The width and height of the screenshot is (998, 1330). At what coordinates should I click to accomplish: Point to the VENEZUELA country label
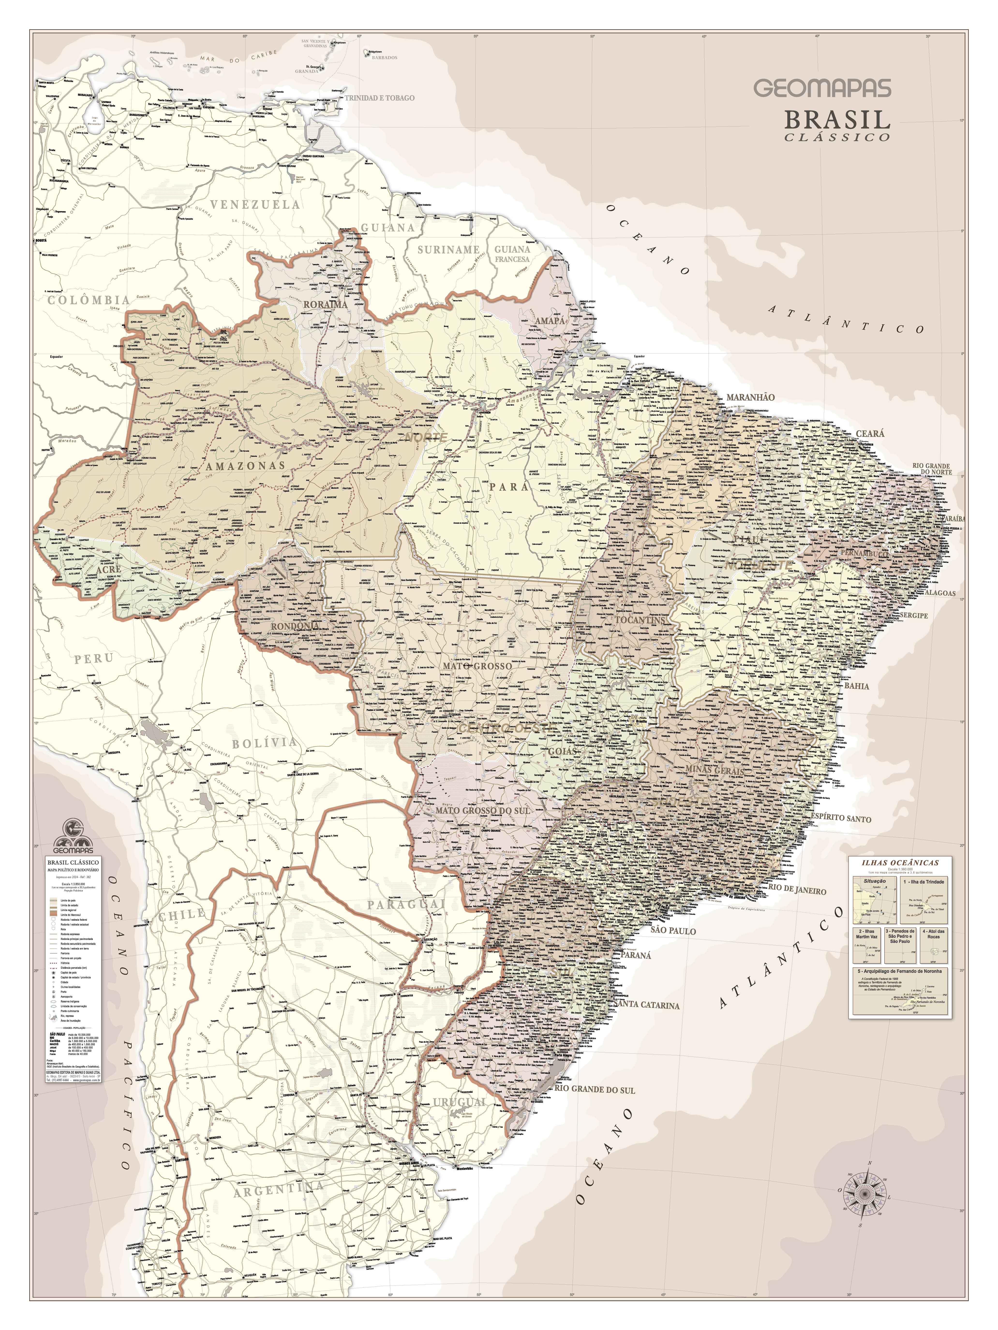[x=256, y=204]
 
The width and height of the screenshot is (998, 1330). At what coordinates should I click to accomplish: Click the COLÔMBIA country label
[x=89, y=299]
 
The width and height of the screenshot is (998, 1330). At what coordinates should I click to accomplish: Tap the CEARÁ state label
[x=870, y=434]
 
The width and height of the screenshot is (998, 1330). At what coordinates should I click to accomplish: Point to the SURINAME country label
[x=448, y=249]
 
